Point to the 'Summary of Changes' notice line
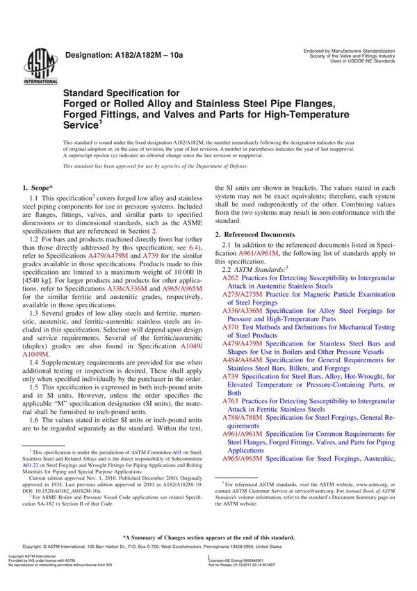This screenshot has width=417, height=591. [x=208, y=557]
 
